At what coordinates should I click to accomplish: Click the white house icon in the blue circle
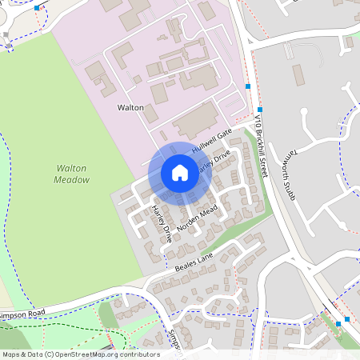[179, 173]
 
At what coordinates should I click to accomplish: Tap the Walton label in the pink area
[130, 107]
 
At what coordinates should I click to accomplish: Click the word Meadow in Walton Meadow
[71, 181]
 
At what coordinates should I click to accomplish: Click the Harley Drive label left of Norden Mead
[161, 224]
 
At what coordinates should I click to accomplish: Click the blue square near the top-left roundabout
[37, 7]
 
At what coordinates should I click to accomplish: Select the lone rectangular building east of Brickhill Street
[298, 75]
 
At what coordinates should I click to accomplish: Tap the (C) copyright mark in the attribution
[49, 354]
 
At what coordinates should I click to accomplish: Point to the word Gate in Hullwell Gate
[223, 134]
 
